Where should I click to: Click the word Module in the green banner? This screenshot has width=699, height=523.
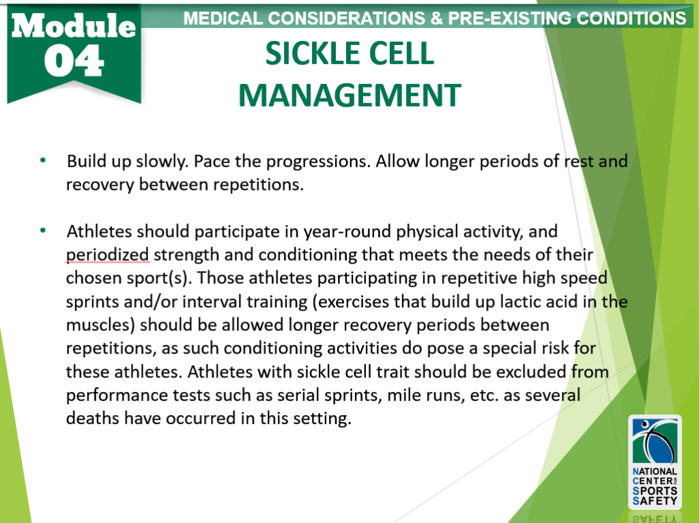pos(74,25)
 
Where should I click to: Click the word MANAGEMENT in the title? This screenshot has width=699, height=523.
pos(349,96)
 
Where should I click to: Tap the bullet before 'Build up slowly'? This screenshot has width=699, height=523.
pos(43,161)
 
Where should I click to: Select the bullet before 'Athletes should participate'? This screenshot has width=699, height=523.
pos(43,231)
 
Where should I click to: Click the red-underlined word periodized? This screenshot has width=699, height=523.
pos(107,255)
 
